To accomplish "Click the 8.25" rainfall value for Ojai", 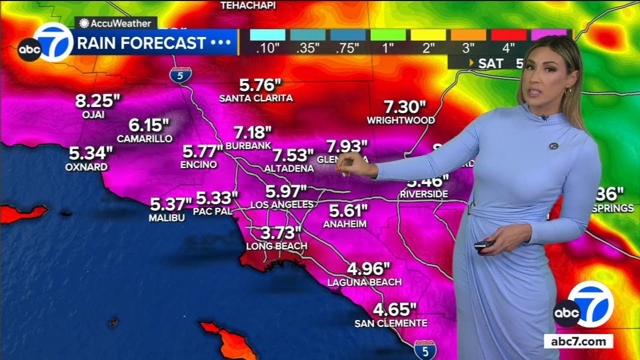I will (x=97, y=101).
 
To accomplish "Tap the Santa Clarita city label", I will (x=256, y=98).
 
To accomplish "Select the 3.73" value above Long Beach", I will (x=281, y=233).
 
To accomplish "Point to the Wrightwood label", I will (x=400, y=120).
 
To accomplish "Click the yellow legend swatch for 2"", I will (x=428, y=35).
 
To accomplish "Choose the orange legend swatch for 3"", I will (x=468, y=35).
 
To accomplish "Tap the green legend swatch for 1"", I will (x=388, y=35).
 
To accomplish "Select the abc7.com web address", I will (x=578, y=342).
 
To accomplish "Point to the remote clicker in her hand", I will (x=483, y=245).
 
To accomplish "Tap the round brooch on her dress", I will (x=553, y=146).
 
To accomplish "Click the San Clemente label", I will (x=391, y=323).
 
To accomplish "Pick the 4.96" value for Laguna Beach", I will (x=368, y=269).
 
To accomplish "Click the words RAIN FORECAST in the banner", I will (x=141, y=43).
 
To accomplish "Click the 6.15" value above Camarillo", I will (x=149, y=125).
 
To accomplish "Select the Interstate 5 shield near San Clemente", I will (x=425, y=349).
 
